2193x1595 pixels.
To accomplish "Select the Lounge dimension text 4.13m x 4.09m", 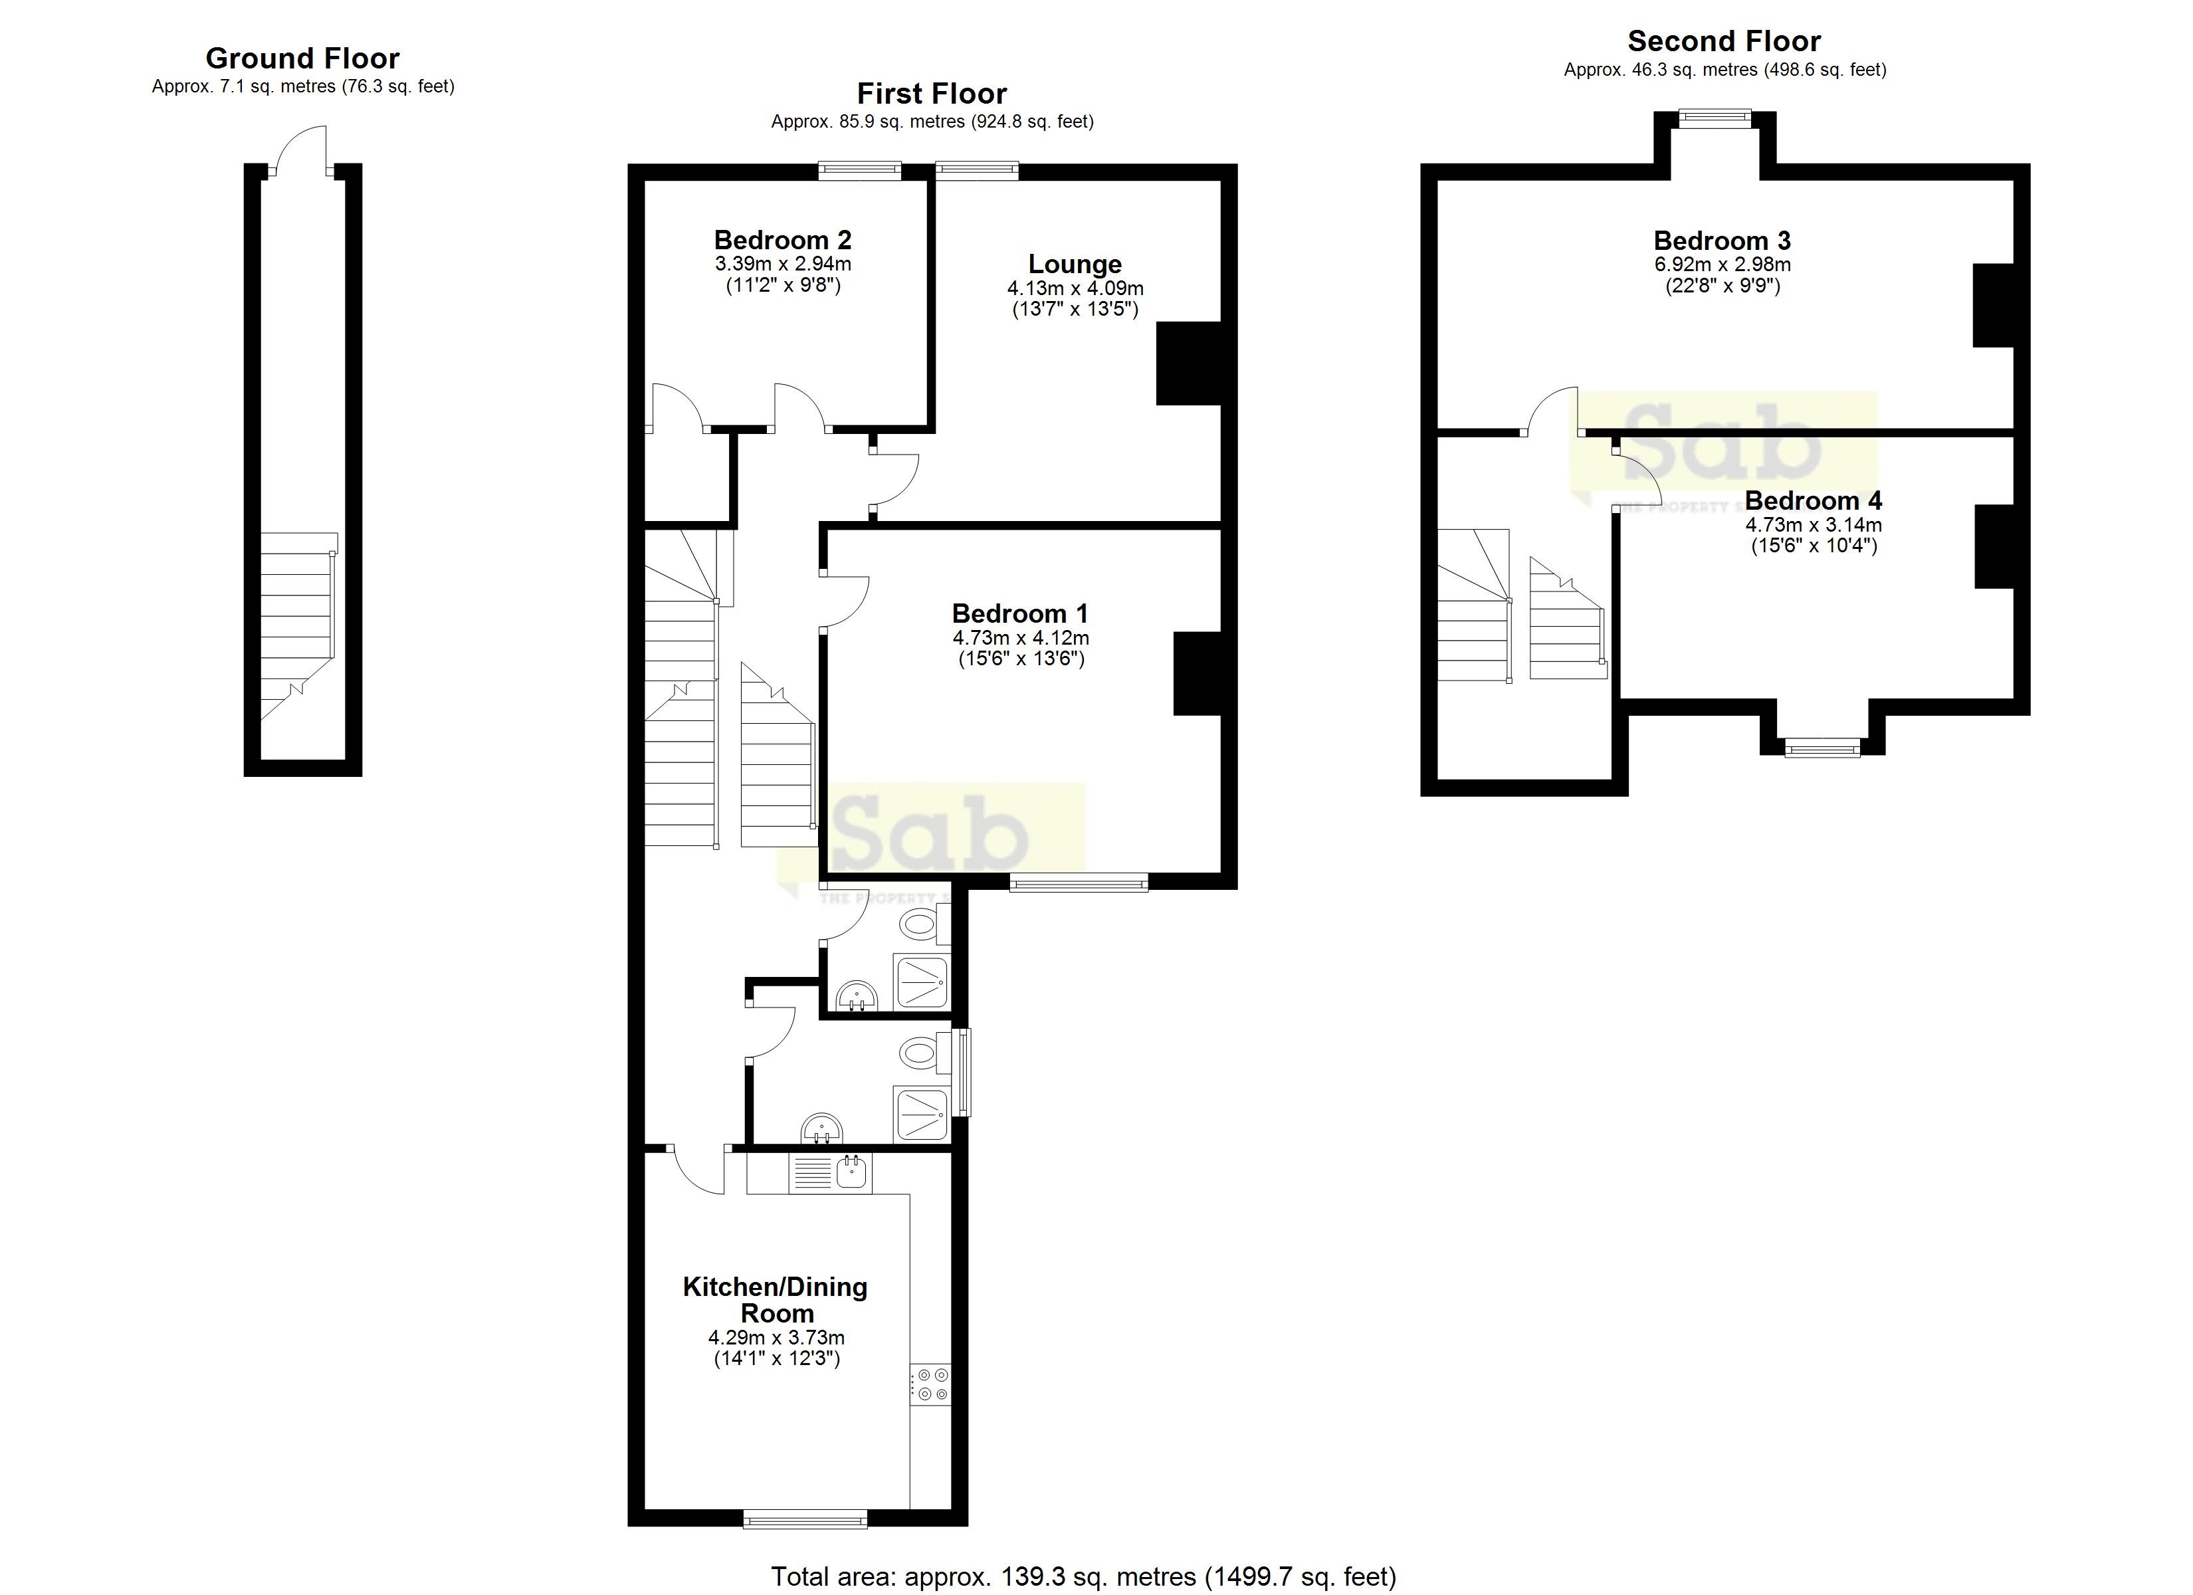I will point(1075,288).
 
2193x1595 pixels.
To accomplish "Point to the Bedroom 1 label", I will point(1020,613).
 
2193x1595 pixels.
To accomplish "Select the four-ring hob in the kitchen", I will point(930,1384).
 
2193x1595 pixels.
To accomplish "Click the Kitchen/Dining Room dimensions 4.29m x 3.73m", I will point(776,1338).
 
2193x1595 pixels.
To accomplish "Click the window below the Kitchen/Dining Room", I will point(805,1521).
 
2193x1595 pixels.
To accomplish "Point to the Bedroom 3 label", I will point(1722,240).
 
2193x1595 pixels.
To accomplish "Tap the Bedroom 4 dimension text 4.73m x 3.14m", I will point(1813,525).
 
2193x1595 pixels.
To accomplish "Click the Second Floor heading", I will point(1724,42).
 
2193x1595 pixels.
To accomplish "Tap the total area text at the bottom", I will point(1083,1576).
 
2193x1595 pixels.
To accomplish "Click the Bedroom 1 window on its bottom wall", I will point(1079,881).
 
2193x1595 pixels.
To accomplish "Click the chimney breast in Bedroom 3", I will point(1992,306).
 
